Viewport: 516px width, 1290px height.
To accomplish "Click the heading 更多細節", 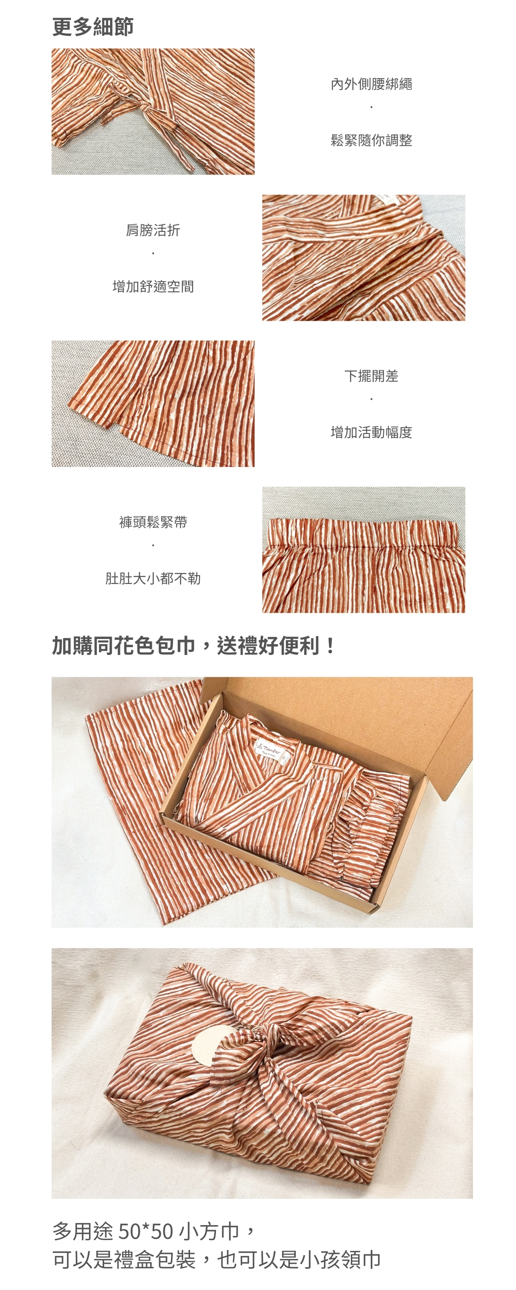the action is (x=93, y=27).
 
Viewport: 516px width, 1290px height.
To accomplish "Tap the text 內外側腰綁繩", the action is (x=371, y=84).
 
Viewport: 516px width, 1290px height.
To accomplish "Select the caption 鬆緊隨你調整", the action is (x=371, y=140).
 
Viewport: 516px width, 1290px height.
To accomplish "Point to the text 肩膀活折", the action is (x=153, y=230).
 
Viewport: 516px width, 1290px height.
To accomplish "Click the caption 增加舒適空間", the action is (x=153, y=286).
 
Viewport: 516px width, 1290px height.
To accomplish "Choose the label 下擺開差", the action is (x=371, y=376).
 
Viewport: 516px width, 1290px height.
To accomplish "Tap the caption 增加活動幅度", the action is (x=371, y=432).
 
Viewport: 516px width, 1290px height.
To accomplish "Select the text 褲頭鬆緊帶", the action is (x=153, y=522).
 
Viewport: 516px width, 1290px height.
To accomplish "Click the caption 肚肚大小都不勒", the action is (x=153, y=578).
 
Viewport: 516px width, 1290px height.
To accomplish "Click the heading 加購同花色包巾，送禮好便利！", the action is (x=194, y=645).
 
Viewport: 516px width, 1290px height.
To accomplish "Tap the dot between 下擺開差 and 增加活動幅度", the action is (x=371, y=399).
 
